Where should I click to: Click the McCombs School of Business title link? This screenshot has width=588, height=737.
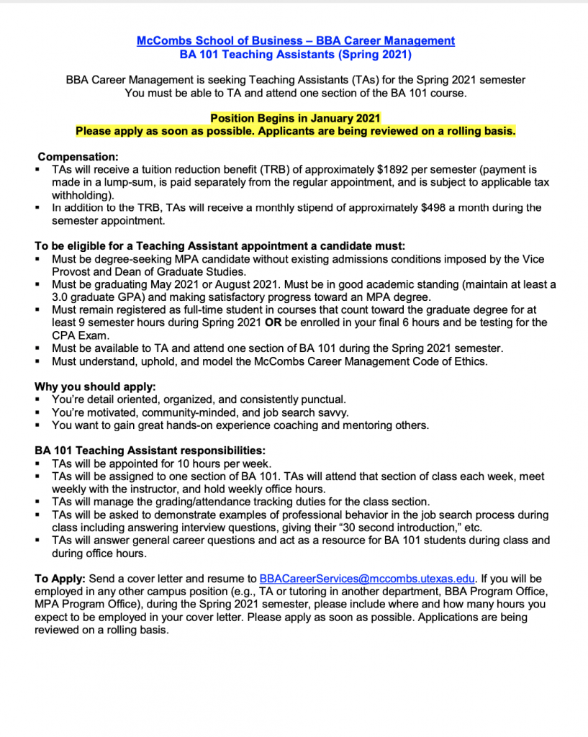click(x=295, y=41)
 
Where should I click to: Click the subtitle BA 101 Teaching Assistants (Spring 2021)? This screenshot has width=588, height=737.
click(x=295, y=54)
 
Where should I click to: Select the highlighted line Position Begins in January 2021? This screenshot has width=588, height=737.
click(x=295, y=118)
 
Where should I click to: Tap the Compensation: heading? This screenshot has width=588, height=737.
click(x=78, y=157)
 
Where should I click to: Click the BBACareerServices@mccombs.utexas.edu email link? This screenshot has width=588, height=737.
click(x=367, y=579)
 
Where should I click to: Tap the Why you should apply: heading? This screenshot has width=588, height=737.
click(x=95, y=386)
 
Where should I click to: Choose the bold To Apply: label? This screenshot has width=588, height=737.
click(x=60, y=579)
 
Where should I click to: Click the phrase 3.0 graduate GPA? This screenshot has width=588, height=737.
click(x=97, y=297)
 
